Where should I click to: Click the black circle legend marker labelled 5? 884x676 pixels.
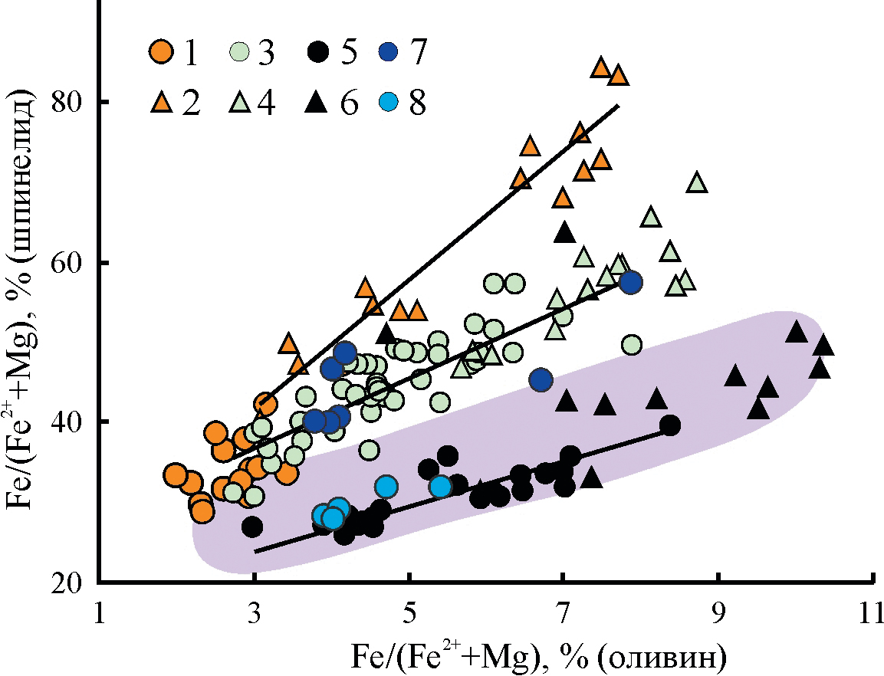pyautogui.click(x=318, y=54)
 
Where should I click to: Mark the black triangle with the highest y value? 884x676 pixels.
pyautogui.click(x=565, y=231)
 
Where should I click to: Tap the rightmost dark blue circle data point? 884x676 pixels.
pyautogui.click(x=631, y=282)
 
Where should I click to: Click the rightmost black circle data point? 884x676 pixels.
pyautogui.click(x=669, y=425)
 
